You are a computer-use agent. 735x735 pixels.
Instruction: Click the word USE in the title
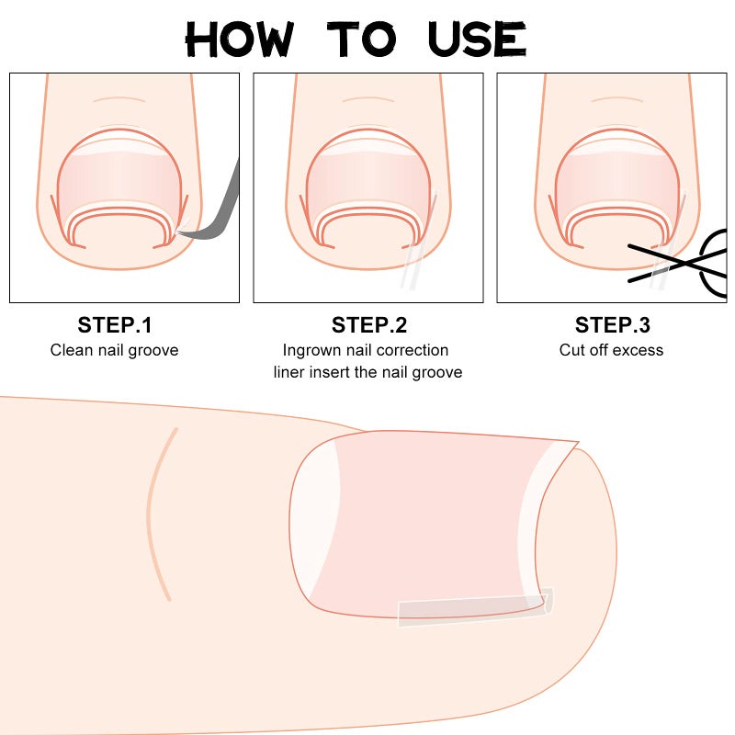click(x=477, y=39)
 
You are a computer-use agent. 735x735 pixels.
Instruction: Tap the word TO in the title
click(x=363, y=39)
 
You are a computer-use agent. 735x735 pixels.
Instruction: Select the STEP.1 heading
click(x=115, y=325)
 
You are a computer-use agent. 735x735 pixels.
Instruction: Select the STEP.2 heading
click(x=368, y=325)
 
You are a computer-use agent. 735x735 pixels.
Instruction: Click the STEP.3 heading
click(x=612, y=325)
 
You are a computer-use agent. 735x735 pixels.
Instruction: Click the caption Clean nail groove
click(x=115, y=350)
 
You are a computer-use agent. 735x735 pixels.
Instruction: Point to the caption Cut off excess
click(x=612, y=350)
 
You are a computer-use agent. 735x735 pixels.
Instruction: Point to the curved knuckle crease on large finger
click(x=158, y=514)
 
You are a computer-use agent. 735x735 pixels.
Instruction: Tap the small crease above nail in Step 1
click(x=120, y=99)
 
